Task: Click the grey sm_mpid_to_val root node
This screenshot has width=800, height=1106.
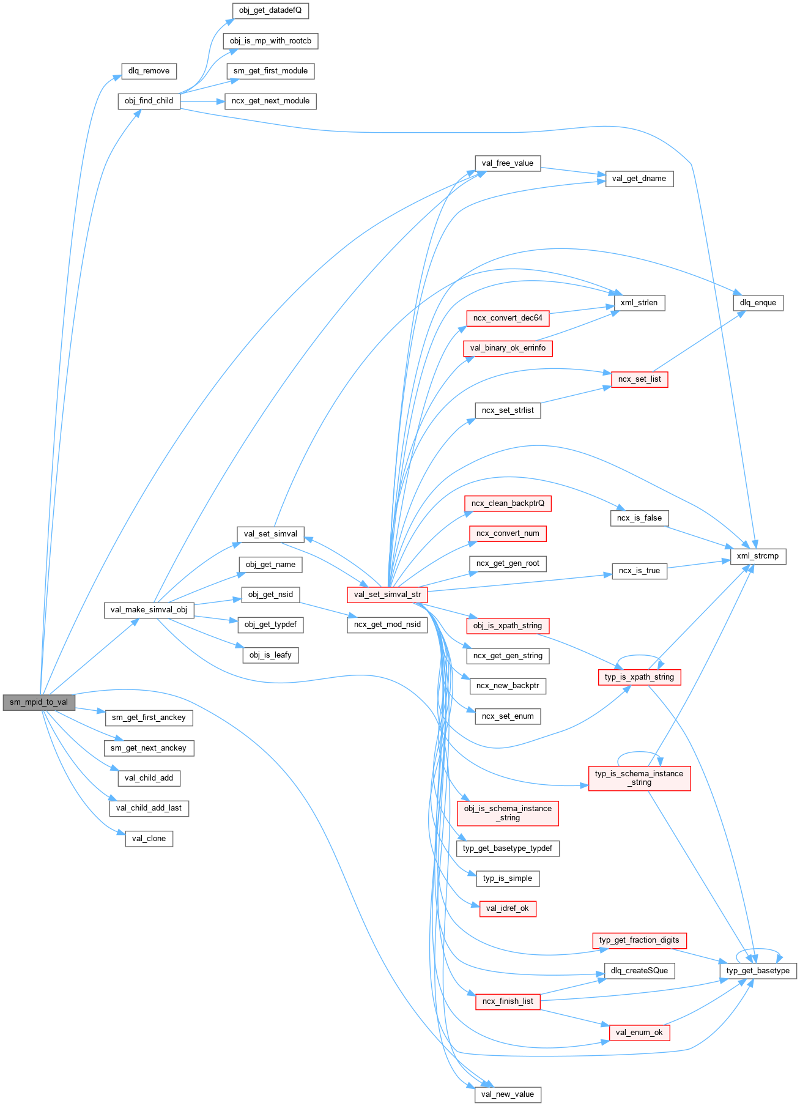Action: (39, 702)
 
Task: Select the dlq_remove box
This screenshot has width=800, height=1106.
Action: (149, 71)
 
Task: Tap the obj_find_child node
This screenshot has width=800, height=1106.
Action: (149, 101)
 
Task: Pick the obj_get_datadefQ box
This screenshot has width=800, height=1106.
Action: (270, 10)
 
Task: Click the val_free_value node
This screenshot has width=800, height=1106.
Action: (507, 163)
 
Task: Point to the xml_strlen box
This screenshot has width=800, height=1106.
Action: (639, 303)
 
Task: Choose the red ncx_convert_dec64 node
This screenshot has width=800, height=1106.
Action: (507, 318)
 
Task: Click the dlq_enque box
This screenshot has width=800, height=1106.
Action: (757, 303)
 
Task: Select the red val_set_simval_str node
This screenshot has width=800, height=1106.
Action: (387, 595)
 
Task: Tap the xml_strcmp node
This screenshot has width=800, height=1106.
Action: (757, 556)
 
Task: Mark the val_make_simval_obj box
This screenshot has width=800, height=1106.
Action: (149, 610)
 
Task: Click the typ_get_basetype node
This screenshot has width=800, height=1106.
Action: (757, 971)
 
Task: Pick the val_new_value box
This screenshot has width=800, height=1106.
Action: (507, 1094)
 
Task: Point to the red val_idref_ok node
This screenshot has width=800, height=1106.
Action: (507, 908)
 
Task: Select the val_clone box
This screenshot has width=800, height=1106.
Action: (149, 839)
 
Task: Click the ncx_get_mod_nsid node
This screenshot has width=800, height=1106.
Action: (387, 625)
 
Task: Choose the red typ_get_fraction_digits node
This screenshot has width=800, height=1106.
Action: (639, 940)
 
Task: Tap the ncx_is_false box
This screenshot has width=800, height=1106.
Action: (639, 518)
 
